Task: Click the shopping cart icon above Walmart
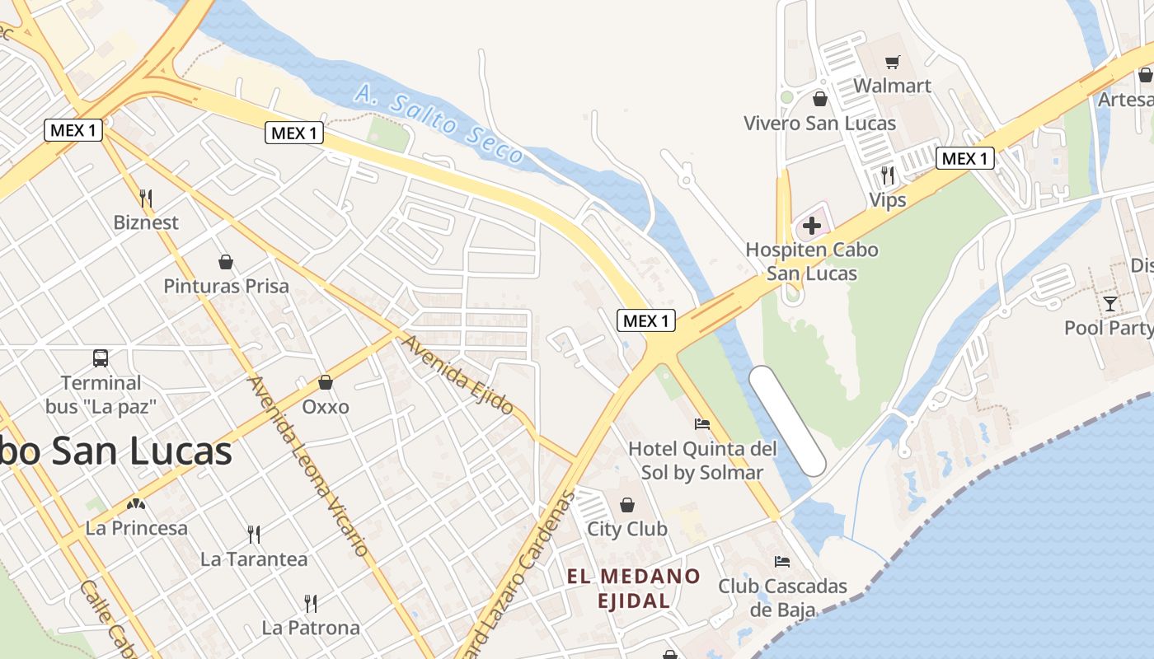892,63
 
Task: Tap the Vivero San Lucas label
819,124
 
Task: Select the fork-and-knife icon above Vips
887,175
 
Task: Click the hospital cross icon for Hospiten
812,225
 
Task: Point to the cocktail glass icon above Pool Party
1110,303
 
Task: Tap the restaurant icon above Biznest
146,198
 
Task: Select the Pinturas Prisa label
226,287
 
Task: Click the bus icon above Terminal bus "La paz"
101,358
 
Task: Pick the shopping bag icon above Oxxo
326,382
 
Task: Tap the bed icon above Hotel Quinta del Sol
702,424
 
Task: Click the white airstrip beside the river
787,421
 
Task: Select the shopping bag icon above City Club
627,504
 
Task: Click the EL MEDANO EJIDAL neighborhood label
633,588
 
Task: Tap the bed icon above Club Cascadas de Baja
782,562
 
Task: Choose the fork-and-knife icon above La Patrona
311,604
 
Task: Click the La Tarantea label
254,559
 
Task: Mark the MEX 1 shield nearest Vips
964,158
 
